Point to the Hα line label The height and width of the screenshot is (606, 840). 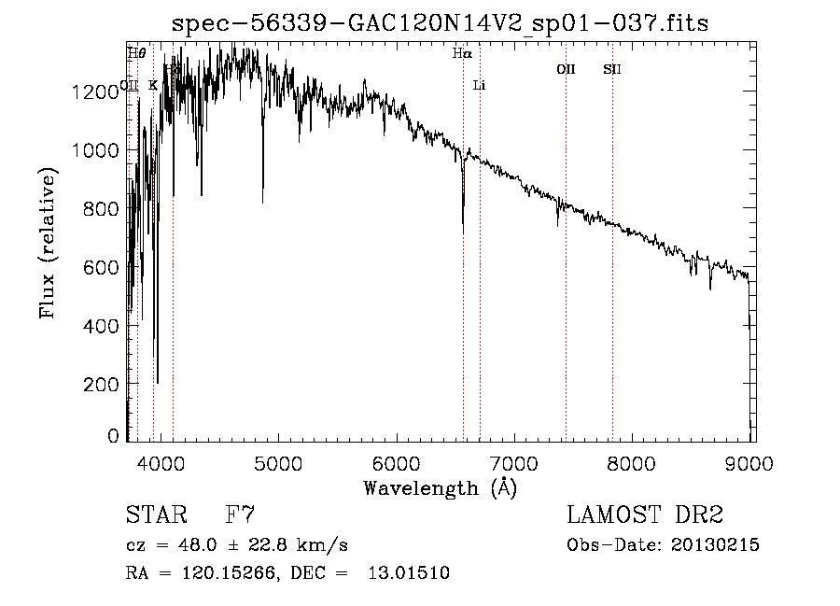click(x=462, y=54)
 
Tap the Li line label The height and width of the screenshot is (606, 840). click(x=480, y=86)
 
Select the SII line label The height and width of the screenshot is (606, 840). click(x=612, y=69)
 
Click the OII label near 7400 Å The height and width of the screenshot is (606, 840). click(x=566, y=69)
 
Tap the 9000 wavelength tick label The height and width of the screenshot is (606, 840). click(x=752, y=460)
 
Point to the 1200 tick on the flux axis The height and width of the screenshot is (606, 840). click(x=100, y=92)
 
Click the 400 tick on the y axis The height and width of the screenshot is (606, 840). click(x=105, y=326)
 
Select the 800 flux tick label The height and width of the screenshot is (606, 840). click(x=105, y=209)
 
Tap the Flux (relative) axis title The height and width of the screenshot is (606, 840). click(x=47, y=243)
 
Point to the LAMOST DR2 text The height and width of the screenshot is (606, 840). click(x=645, y=515)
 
